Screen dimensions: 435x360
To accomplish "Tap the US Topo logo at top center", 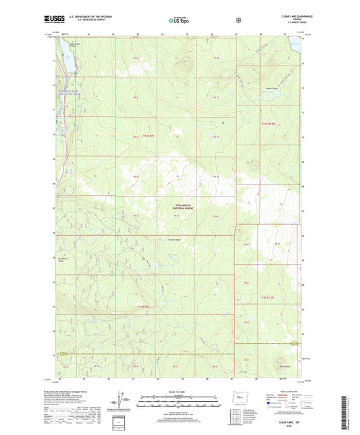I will click(178, 21).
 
